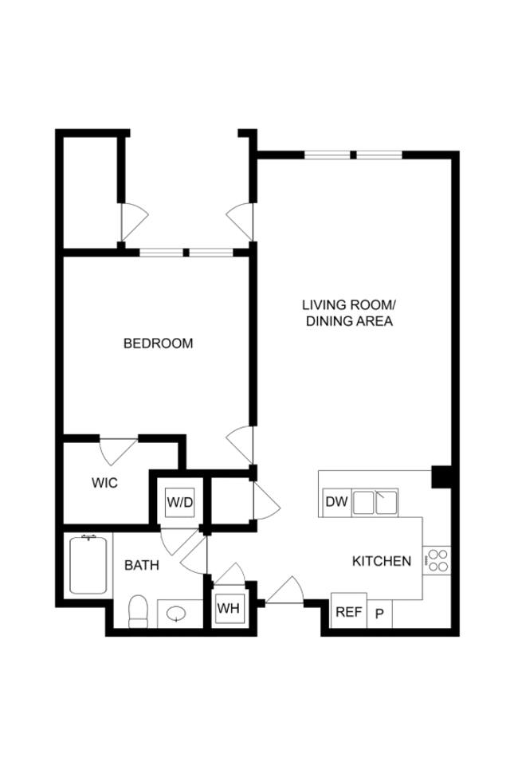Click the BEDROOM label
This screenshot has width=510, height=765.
click(x=158, y=343)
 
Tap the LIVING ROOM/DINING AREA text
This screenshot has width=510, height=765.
click(x=348, y=313)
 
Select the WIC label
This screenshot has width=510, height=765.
click(x=104, y=483)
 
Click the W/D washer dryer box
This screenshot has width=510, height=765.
click(x=179, y=503)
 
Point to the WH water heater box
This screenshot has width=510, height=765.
click(x=229, y=608)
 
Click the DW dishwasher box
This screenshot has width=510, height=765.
click(x=335, y=502)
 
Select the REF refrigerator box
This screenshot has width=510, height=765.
click(x=348, y=612)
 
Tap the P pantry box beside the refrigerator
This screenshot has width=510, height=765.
click(x=380, y=613)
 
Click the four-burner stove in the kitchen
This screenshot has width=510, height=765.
click(x=437, y=559)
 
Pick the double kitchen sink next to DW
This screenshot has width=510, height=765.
click(x=377, y=503)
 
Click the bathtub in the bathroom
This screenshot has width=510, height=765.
click(x=88, y=565)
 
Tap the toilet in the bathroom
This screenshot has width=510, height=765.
click(x=139, y=610)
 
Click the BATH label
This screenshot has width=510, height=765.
click(x=142, y=565)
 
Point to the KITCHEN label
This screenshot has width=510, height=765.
click(x=382, y=561)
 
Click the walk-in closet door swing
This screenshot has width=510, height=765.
click(x=118, y=450)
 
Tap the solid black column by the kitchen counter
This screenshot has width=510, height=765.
click(x=441, y=476)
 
